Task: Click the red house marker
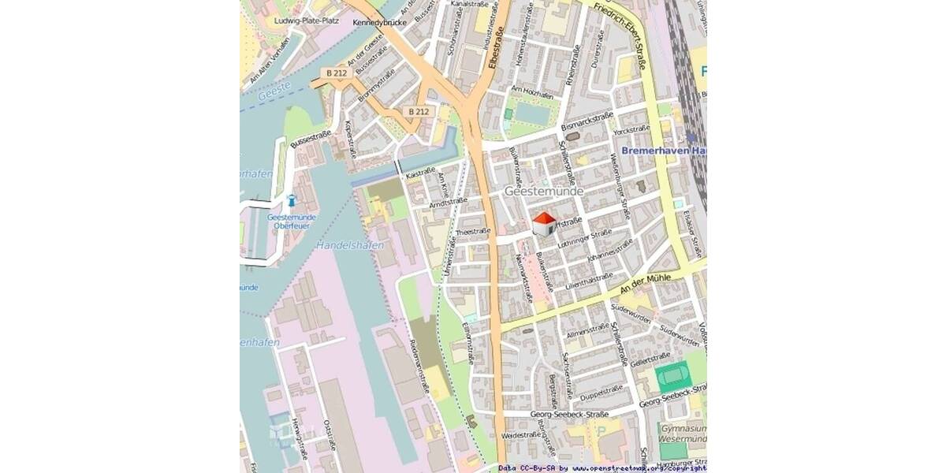point(544,224)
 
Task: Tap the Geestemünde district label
point(544,192)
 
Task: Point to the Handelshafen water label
point(349,246)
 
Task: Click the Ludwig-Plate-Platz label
point(307,20)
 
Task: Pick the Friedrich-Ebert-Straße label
point(623,36)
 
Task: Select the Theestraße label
point(474,232)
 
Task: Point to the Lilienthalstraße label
point(589,280)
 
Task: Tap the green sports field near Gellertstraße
point(673,376)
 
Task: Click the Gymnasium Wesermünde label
point(683,433)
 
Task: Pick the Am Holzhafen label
point(531,90)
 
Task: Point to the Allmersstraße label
point(587,331)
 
